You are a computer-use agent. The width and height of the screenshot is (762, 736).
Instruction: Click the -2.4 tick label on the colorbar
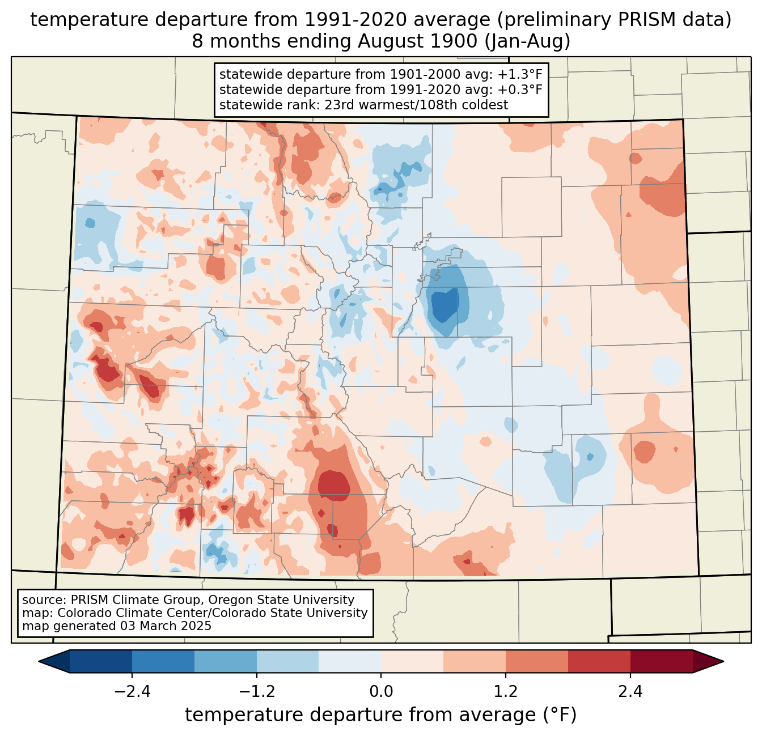132,692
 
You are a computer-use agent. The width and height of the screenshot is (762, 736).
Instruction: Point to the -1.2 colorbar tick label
256,692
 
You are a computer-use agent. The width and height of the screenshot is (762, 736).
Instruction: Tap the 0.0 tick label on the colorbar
381,692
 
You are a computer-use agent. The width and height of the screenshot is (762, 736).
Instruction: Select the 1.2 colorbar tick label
506,692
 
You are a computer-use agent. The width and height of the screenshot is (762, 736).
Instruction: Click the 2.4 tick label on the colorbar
630,692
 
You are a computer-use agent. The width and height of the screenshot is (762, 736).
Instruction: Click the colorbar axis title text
381,715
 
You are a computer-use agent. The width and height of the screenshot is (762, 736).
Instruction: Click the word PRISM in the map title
643,20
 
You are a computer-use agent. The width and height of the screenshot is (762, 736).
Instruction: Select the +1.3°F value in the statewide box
520,74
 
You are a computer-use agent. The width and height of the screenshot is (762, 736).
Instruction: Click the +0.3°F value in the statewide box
520,90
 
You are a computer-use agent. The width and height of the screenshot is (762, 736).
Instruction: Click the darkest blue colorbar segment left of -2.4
101,661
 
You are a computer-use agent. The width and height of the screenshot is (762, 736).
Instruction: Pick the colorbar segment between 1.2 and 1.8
536,661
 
